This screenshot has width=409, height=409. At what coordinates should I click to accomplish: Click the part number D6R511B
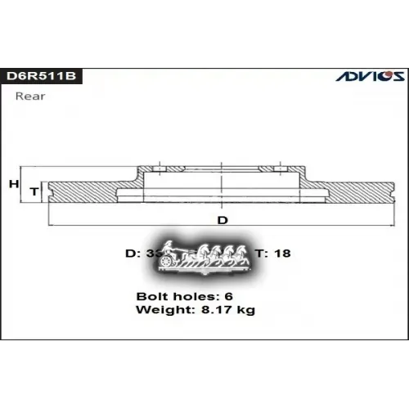43,76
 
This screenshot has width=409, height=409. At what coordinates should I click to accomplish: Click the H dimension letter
14,185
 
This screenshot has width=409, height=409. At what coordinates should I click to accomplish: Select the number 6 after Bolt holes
229,294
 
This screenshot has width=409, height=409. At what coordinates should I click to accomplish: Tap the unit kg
245,310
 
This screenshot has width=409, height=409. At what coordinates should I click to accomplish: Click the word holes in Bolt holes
194,294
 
